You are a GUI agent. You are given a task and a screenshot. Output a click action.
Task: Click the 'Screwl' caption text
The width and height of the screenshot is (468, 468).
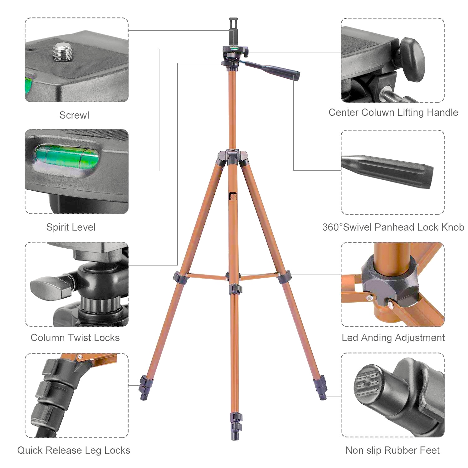tap(74, 115)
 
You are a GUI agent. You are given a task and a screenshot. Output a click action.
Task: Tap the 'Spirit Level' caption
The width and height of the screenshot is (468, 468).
tap(71, 227)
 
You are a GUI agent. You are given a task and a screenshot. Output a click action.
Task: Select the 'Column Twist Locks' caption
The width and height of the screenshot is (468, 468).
tap(75, 338)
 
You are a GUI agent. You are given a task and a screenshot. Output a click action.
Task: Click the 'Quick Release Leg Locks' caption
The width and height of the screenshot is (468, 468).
tap(74, 450)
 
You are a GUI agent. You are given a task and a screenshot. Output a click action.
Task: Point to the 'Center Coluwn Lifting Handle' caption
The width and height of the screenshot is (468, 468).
tap(393, 112)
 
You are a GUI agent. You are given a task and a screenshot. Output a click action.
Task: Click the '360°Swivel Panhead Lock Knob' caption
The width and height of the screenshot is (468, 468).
tap(393, 227)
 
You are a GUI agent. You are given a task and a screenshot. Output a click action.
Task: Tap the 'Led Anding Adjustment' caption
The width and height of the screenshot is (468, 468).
tap(393, 338)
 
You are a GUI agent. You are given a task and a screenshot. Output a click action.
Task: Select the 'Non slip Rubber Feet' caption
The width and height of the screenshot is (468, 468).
tap(392, 450)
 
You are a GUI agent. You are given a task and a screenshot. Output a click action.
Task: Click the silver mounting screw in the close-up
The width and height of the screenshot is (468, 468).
tap(61, 52)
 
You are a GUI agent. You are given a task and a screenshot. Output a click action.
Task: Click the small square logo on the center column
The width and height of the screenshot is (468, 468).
tap(233, 197)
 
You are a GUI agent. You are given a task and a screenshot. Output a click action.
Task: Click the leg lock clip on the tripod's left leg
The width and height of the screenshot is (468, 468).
tap(145, 385)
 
